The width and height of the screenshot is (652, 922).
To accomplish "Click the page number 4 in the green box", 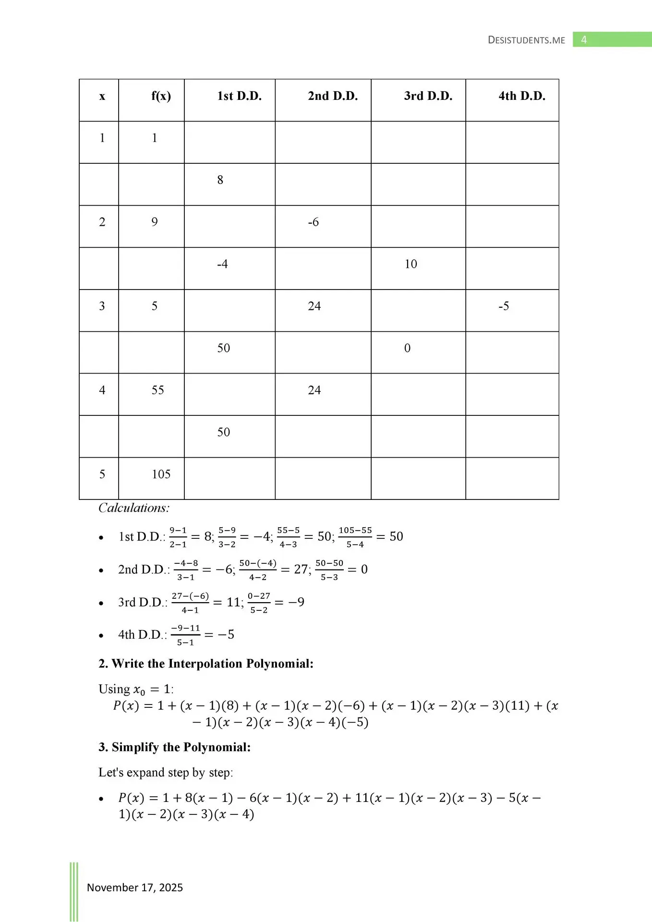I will coord(584,40).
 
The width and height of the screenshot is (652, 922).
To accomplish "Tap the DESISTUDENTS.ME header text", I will coord(526,40).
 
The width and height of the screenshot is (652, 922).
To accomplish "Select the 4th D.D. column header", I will coord(522,96).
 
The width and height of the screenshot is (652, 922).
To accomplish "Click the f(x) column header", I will coord(161,96).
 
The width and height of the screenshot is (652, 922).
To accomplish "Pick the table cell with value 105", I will coord(161,474).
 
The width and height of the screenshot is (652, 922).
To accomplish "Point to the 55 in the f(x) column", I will coord(157,390).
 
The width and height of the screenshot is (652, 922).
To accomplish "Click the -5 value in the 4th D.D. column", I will coord(504,306).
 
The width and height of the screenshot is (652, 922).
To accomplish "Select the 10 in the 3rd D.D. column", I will coord(411,264).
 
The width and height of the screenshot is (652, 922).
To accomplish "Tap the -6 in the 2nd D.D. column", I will coord(313,222).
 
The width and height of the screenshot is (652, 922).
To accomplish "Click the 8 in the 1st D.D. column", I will coord(220,180).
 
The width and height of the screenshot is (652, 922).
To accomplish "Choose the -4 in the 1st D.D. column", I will coord(222,264).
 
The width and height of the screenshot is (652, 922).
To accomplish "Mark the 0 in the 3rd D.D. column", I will coord(407,348).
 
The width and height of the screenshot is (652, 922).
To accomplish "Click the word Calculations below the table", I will coord(134,508).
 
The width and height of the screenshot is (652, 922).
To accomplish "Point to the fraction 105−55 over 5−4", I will coord(355,537).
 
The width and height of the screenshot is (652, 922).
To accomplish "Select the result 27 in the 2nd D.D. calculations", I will coord(301,570).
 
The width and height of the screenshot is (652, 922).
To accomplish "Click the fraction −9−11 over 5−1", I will coord(185,635).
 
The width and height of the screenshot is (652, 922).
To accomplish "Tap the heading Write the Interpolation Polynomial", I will coord(206,664).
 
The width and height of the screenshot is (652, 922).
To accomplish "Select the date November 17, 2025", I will coord(135,887).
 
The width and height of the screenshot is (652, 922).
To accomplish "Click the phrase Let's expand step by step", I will coord(166,772).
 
